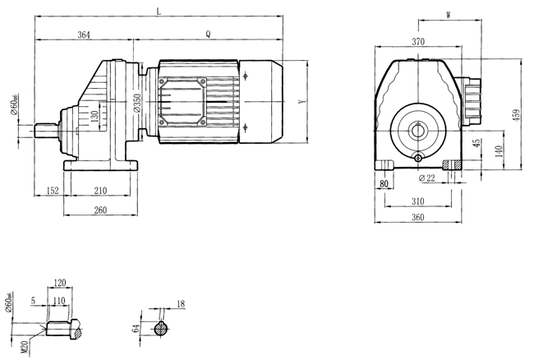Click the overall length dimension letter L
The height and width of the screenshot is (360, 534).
coord(159,11)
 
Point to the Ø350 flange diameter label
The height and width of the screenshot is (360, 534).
coord(139,104)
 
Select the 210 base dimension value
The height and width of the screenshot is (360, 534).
coord(99,192)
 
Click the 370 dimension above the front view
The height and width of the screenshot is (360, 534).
coord(418,41)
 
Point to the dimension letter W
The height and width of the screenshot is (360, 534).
coord(448,15)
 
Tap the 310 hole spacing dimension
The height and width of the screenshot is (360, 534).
coord(418,201)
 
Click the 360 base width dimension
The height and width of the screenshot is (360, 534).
coord(418,218)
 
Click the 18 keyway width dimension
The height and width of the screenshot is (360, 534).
coord(181,304)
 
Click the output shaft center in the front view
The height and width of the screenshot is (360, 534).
coord(418,129)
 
